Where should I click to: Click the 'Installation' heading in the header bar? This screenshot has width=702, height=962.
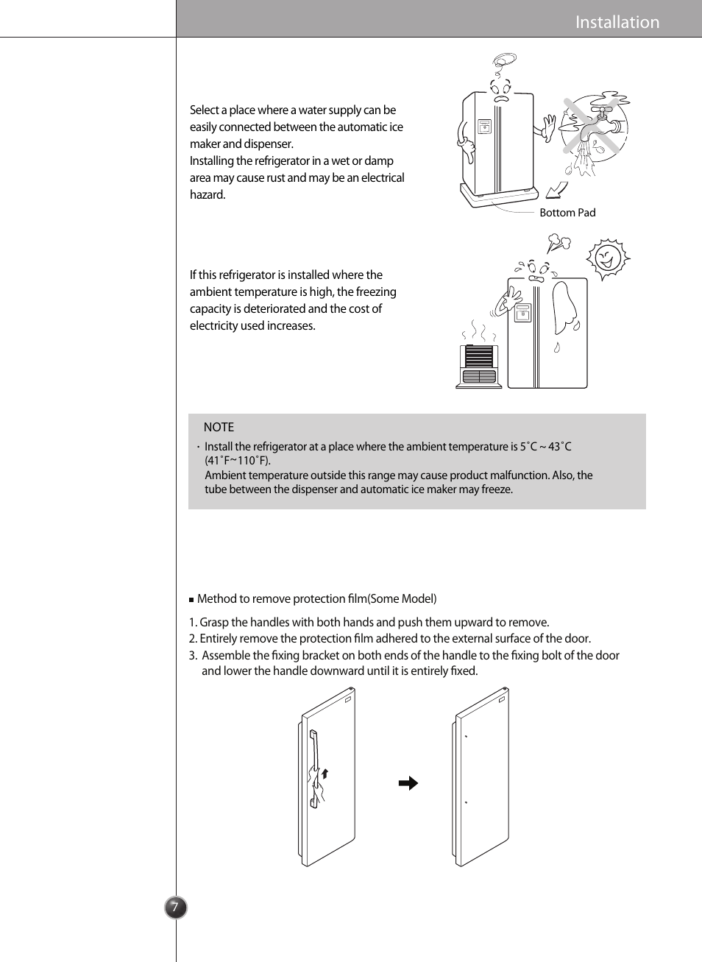coord(617,22)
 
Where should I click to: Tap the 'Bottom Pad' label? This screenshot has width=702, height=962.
coord(567,213)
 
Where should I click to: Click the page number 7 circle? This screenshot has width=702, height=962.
coord(175,907)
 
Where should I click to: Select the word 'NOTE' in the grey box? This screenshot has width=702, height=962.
coord(219,427)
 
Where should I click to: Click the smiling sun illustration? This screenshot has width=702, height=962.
coord(607,258)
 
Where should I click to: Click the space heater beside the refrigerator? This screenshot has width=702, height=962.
coord(479,365)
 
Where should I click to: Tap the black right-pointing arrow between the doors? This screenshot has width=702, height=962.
coord(408,783)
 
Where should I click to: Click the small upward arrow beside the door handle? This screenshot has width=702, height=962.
coord(325,773)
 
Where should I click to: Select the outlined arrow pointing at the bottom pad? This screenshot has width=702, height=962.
coord(557,190)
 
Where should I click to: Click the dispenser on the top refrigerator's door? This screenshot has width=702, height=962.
coord(484,127)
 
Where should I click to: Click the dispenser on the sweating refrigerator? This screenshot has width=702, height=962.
coord(522,313)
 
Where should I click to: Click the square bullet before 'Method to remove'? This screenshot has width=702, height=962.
coord(191,600)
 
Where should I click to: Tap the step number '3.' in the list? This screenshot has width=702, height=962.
coord(193,655)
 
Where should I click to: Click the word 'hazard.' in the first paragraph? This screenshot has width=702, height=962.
coord(208,195)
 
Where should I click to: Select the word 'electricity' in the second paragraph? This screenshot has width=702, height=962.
coord(213,326)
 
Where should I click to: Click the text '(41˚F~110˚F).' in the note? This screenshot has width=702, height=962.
coord(238,461)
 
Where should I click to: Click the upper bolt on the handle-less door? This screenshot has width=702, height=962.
coord(466,736)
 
